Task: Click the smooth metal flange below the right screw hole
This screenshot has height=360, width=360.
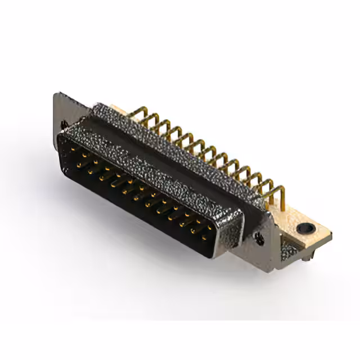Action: (264, 256)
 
